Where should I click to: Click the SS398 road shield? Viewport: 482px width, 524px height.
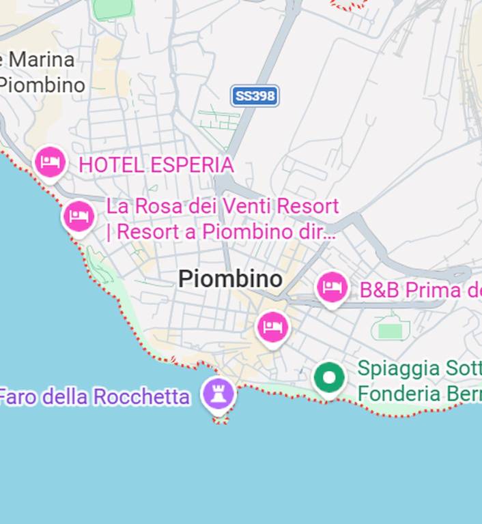click(255, 96)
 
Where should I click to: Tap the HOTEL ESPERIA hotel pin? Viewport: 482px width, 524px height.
click(51, 162)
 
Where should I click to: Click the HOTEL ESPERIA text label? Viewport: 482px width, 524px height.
click(156, 164)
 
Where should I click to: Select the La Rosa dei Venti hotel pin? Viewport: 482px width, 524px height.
click(79, 216)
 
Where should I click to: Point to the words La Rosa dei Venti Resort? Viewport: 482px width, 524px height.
click(223, 205)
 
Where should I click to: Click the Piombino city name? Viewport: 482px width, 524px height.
click(230, 278)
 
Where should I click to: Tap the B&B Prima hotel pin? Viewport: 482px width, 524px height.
click(332, 287)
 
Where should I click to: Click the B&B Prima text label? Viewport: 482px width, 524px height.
click(420, 290)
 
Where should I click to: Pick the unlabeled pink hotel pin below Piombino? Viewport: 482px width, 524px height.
click(273, 327)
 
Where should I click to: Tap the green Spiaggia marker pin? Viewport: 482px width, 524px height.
click(329, 377)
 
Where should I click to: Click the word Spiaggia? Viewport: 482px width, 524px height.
click(398, 368)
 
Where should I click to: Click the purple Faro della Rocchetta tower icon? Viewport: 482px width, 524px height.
click(218, 394)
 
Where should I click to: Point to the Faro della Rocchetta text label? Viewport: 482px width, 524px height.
click(94, 396)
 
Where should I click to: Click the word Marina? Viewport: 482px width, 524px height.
click(42, 59)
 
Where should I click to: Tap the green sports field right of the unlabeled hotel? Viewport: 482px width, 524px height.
click(390, 331)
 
